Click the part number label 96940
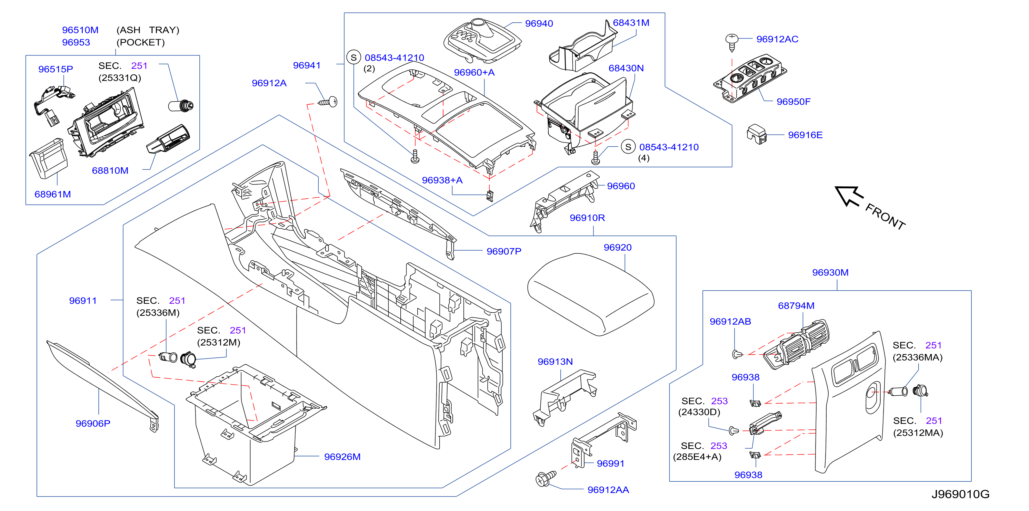pos(539,23)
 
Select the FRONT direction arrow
pos(849,196)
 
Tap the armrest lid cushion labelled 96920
pos(591,294)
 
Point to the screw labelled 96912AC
pos(731,43)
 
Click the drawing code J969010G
pos(960,494)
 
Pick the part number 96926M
pos(342,457)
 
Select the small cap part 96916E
pos(757,134)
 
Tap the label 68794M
pos(796,305)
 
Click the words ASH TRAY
pos(148,30)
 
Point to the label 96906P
pos(93,423)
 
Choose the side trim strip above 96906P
pos(103,385)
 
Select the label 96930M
pos(830,272)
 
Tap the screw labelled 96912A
pos(328,102)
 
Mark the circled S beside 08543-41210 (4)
pos(628,147)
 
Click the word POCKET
pos(141,42)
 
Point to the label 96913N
pos(555,362)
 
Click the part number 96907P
pos(504,251)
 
